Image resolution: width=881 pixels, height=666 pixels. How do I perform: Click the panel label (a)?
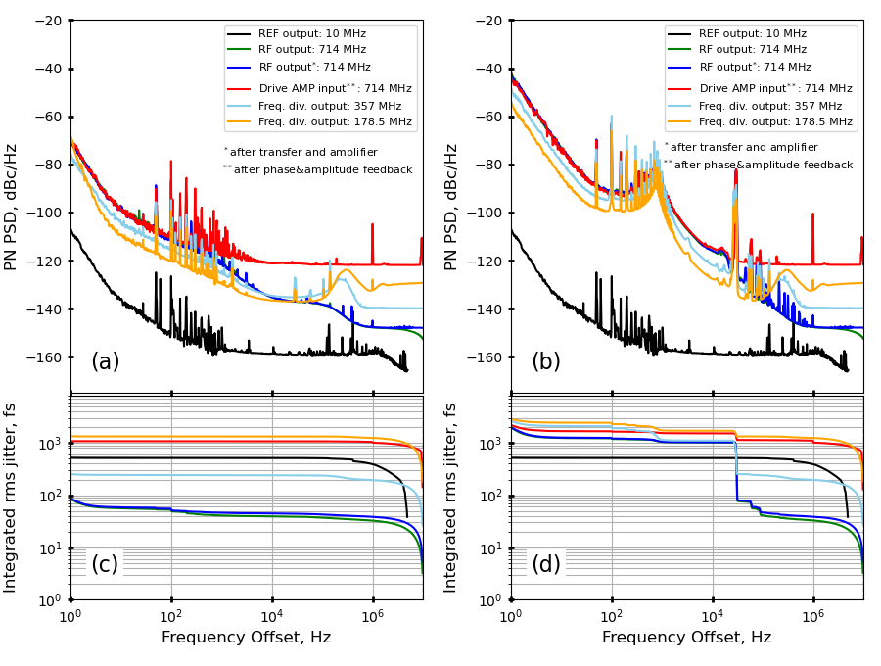point(105,361)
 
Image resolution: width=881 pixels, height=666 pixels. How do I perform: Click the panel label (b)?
point(545,361)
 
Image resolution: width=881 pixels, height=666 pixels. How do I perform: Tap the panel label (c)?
point(105,564)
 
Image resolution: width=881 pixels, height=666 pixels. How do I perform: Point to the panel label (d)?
point(545,564)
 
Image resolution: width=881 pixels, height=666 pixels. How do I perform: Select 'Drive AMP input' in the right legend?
point(775,88)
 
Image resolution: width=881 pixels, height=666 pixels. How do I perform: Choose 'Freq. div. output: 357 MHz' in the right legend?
point(770,106)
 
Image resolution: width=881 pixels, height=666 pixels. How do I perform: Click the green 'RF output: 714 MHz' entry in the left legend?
point(311,50)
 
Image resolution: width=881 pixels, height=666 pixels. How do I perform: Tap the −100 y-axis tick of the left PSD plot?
point(44,213)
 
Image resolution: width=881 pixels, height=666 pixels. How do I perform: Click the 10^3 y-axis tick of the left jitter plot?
point(52,444)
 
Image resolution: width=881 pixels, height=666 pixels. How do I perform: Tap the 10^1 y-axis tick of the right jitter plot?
point(492,547)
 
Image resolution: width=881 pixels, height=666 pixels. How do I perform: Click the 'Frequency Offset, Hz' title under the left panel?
point(246,638)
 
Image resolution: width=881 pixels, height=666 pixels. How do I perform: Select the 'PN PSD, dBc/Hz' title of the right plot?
point(452,207)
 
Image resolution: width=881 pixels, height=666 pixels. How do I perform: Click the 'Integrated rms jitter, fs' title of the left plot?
point(12,497)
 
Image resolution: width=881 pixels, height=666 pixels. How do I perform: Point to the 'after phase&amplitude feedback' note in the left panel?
point(322,170)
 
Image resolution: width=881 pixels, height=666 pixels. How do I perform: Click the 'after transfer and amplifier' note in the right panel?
point(745,148)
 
